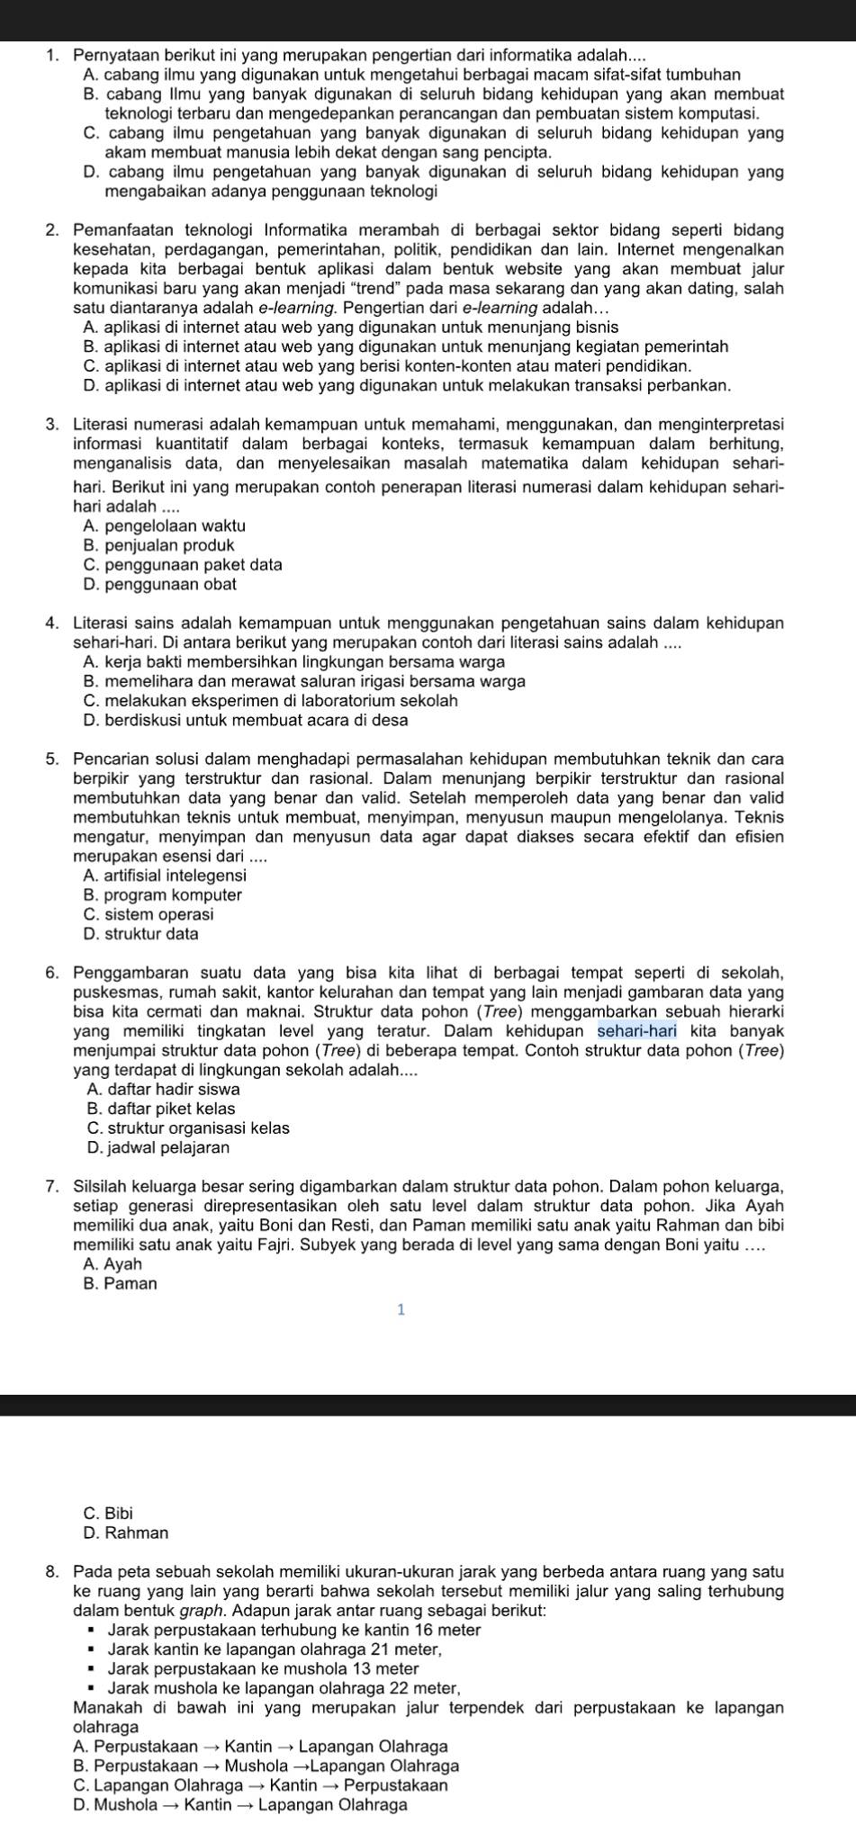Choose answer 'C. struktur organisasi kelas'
tap(188, 1128)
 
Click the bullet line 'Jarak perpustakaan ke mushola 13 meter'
tap(263, 1669)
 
